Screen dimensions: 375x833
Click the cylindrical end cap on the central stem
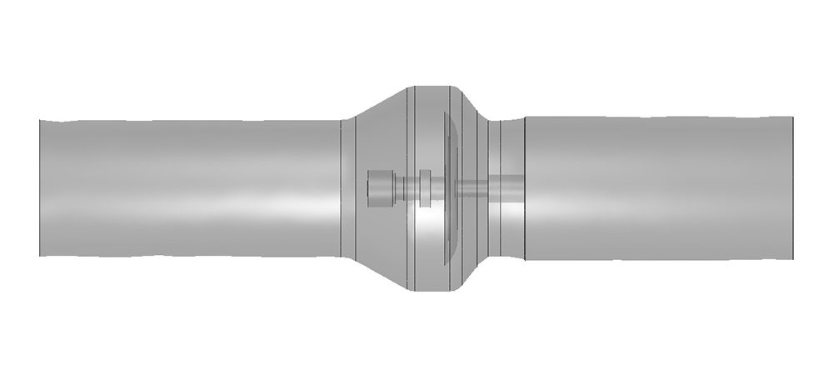[379, 187]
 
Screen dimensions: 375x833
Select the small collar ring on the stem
[426, 187]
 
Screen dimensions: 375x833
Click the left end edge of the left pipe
[39, 187]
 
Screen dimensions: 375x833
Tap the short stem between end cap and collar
[404, 188]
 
